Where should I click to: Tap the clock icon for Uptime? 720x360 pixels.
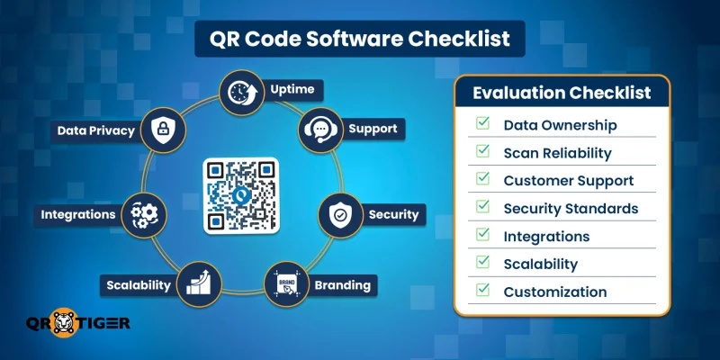point(241,92)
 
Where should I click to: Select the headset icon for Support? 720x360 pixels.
point(319,130)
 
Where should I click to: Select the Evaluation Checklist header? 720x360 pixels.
point(562,93)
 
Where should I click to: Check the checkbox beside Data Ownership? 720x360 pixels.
point(483,124)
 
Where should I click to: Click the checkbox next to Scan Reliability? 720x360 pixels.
point(483,152)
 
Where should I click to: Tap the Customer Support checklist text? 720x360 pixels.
point(568,180)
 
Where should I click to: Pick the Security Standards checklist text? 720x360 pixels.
point(571,208)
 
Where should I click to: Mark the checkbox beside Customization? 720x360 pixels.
point(483,291)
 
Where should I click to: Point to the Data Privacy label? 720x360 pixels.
point(95,130)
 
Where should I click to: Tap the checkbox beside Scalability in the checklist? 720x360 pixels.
point(483,263)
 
